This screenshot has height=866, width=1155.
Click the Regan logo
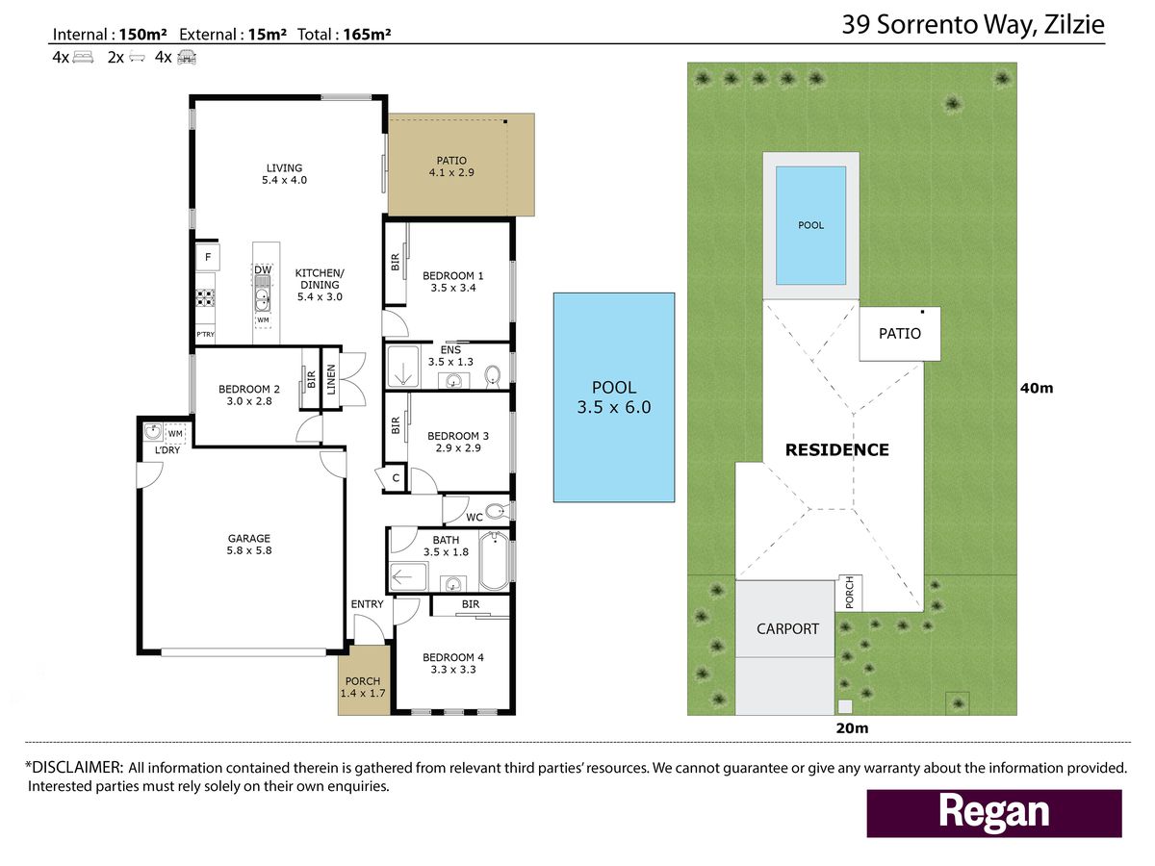pos(993,813)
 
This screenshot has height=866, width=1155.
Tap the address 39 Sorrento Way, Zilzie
pos(973,24)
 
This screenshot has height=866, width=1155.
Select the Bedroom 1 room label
pos(452,275)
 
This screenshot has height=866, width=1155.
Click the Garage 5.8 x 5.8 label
pos(249,545)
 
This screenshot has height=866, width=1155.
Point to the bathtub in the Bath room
pos(494,561)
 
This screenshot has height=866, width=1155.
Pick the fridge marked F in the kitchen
pos(208,257)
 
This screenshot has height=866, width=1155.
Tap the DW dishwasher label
pos(263,269)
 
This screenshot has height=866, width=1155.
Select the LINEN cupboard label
pos(331,379)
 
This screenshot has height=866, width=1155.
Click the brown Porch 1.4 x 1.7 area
pos(364,680)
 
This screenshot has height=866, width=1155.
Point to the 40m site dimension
pos(1037,388)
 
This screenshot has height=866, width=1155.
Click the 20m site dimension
pos(852,728)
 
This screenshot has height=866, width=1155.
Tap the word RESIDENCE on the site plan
pos(836,450)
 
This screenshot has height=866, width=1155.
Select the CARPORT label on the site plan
pos(787,629)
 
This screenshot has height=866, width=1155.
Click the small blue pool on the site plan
pos(810,225)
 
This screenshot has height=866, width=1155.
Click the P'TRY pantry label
pos(205,335)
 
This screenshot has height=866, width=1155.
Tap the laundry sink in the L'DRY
pos(153,432)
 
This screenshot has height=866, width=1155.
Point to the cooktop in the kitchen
pos(205,297)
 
